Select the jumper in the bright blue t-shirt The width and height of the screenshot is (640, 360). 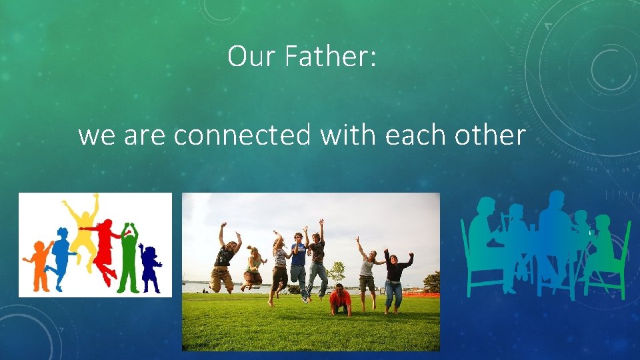point(299,257)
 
